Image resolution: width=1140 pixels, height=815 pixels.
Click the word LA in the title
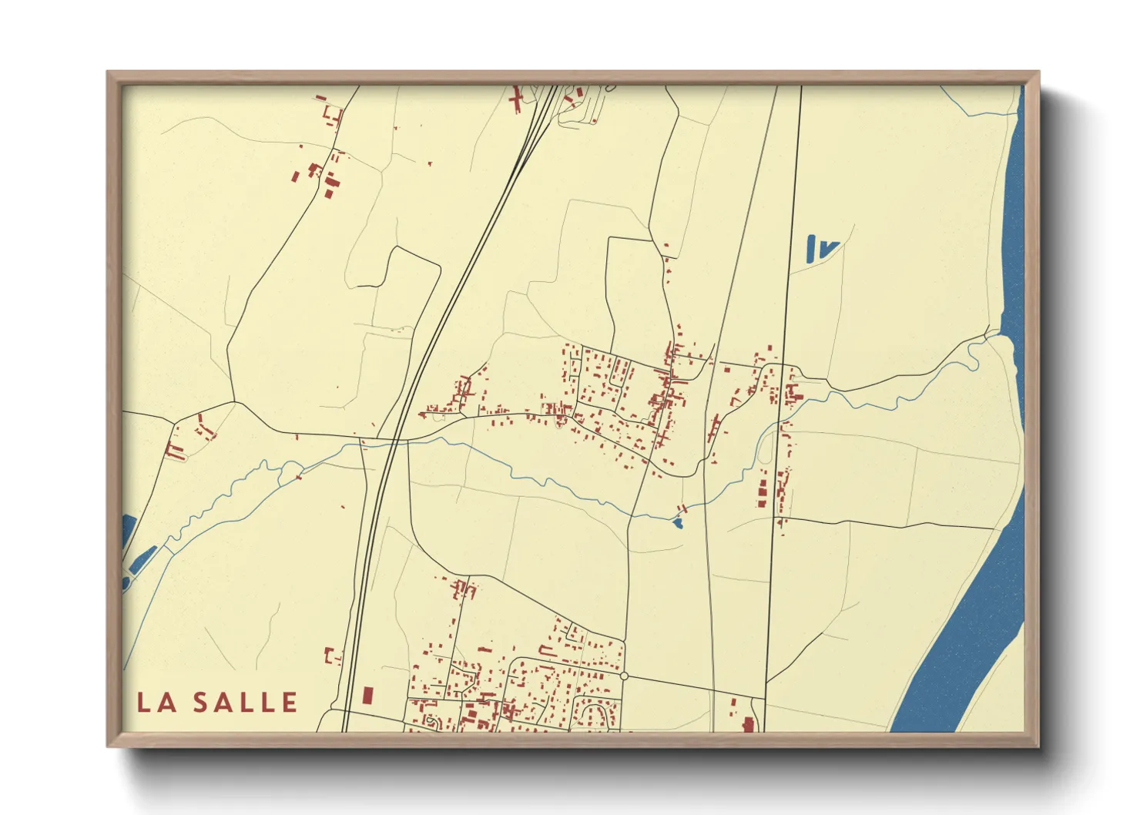pyautogui.click(x=157, y=703)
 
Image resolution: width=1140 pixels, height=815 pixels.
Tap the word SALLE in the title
pyautogui.click(x=245, y=703)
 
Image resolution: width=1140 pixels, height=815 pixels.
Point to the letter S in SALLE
pyautogui.click(x=201, y=703)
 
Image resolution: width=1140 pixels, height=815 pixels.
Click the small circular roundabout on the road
pyautogui.click(x=624, y=676)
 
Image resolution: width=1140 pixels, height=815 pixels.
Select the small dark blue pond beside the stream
pyautogui.click(x=677, y=523)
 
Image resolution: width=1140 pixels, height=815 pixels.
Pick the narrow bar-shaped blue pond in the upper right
pyautogui.click(x=812, y=248)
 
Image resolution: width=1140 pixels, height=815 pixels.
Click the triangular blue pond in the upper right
pyautogui.click(x=828, y=249)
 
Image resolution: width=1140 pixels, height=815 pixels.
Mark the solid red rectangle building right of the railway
pyautogui.click(x=367, y=695)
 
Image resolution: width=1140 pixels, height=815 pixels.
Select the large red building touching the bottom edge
pyautogui.click(x=747, y=724)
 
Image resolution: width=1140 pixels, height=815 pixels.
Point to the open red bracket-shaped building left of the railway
pyautogui.click(x=332, y=657)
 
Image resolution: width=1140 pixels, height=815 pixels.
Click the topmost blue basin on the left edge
pyautogui.click(x=128, y=531)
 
